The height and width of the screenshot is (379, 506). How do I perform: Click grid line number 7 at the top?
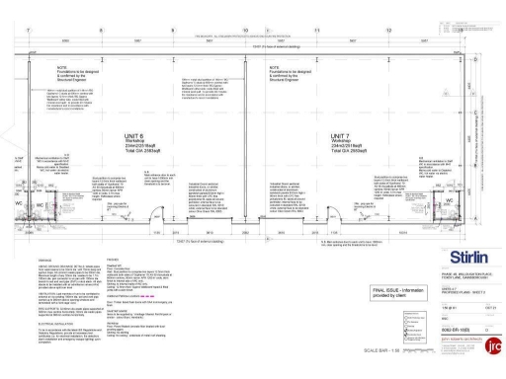coord(30,31)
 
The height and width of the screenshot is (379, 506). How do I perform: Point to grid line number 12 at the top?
coord(389,31)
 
